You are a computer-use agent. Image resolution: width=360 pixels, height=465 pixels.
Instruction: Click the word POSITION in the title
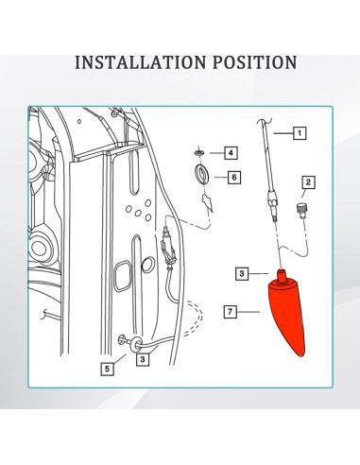click(x=250, y=62)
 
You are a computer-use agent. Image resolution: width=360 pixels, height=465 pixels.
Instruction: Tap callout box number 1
click(x=300, y=133)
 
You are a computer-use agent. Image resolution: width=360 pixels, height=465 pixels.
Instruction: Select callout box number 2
click(x=307, y=181)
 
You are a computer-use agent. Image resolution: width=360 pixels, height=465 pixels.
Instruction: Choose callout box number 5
click(x=108, y=369)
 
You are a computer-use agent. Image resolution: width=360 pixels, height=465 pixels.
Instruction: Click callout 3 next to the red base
click(x=241, y=274)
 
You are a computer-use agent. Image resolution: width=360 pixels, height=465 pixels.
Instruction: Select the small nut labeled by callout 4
click(x=199, y=151)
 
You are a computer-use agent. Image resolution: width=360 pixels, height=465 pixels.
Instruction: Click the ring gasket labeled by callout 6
click(x=200, y=173)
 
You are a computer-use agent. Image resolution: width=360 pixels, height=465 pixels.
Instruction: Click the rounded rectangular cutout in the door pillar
click(x=124, y=277)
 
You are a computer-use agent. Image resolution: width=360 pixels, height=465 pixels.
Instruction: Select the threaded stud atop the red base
click(x=281, y=274)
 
